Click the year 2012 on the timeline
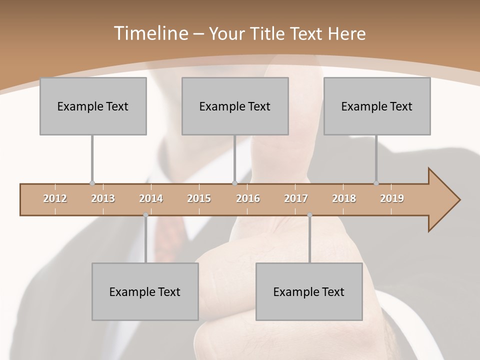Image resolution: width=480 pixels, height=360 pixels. tap(55, 198)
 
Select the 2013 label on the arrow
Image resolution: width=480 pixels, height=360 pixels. tap(103, 198)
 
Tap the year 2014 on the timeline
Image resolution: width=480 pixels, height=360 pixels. tap(151, 198)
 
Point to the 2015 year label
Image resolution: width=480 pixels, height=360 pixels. tap(199, 198)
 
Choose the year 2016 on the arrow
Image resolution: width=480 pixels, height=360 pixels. tap(248, 198)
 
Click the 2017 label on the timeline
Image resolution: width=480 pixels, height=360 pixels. tap(296, 198)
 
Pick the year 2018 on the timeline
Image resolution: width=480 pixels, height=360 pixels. tap(344, 198)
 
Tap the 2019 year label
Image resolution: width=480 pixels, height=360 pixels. tap(392, 198)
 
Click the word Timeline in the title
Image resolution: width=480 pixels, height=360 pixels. tap(149, 33)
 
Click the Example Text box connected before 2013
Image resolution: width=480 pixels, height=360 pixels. tap(93, 106)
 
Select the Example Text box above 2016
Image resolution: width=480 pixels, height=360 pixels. tap(235, 106)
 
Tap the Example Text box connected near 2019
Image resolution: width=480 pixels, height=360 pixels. tap(377, 106)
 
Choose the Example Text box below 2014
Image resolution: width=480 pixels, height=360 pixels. tap(145, 291)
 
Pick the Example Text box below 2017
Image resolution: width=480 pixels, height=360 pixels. tap(309, 291)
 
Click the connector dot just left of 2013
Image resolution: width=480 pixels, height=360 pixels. tap(92, 183)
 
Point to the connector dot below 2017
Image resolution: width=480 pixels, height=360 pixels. tap(309, 215)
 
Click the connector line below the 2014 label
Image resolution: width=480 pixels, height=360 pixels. tap(145, 240)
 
